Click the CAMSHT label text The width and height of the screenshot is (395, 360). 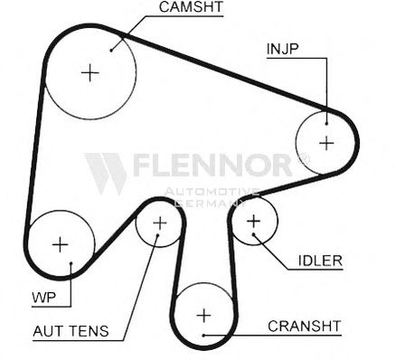click(x=191, y=7)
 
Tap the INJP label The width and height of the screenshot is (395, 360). click(x=282, y=49)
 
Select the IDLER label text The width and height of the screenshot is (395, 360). click(x=320, y=261)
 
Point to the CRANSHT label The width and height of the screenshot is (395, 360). click(x=305, y=326)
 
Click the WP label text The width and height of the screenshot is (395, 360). click(x=44, y=298)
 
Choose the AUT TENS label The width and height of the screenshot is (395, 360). click(x=71, y=331)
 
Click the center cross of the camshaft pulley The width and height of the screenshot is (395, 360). click(x=90, y=72)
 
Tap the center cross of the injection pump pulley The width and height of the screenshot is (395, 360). click(x=326, y=143)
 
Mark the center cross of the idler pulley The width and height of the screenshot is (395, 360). click(x=253, y=222)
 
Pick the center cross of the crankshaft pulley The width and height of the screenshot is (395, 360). click(x=203, y=316)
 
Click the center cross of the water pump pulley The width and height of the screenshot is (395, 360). click(x=61, y=244)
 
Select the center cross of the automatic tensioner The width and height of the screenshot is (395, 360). click(x=160, y=223)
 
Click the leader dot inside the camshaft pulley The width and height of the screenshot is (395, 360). click(x=111, y=51)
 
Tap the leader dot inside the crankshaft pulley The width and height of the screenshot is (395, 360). click(x=203, y=335)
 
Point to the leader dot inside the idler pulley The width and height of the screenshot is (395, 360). click(x=254, y=234)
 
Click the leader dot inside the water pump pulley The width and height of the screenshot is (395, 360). click(x=71, y=263)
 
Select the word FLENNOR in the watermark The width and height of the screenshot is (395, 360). click(x=212, y=165)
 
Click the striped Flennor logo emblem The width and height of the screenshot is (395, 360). click(x=106, y=174)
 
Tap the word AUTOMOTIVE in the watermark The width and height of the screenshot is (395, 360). click(x=212, y=192)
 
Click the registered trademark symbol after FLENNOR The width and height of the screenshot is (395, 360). click(x=303, y=158)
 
